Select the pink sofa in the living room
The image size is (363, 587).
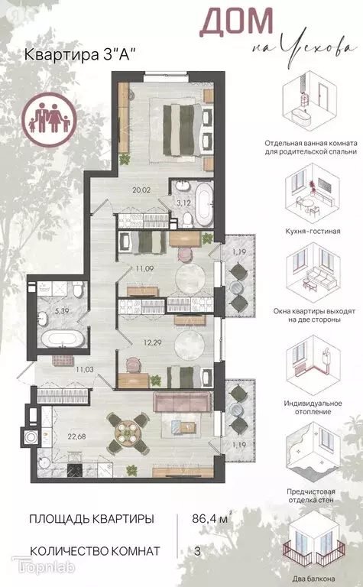182,402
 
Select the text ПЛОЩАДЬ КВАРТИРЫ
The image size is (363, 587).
91,520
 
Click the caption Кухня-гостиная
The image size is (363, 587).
312,230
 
